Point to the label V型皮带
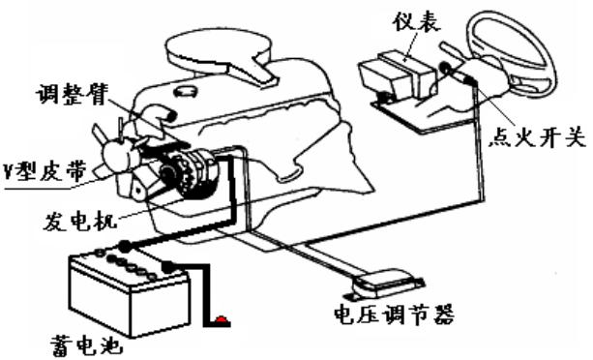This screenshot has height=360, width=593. [x=44, y=173]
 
